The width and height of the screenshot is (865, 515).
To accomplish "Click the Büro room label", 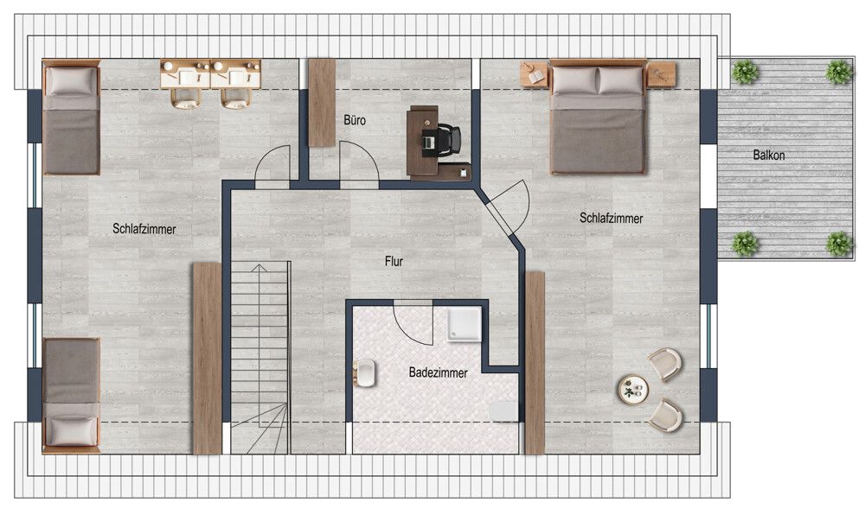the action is pyautogui.click(x=354, y=119).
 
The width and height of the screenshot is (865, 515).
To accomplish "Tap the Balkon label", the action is pyautogui.click(x=768, y=155).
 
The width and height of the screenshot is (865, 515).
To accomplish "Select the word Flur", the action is pyautogui.click(x=394, y=261).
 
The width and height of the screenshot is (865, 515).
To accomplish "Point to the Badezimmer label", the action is pyautogui.click(x=438, y=372).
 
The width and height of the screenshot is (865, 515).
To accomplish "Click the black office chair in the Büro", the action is pyautogui.click(x=448, y=139).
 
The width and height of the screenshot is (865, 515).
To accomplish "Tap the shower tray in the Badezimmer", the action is pyautogui.click(x=464, y=324).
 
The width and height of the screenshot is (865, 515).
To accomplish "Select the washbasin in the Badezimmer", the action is pyautogui.click(x=365, y=373).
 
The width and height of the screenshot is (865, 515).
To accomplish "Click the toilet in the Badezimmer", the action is pyautogui.click(x=503, y=411).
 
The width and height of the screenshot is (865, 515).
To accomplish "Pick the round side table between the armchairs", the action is pyautogui.click(x=633, y=390).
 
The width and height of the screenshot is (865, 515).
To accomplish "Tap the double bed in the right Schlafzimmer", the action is pyautogui.click(x=598, y=117).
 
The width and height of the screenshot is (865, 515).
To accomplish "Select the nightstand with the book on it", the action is pyautogui.click(x=534, y=74).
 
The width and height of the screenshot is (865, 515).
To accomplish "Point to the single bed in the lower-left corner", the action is pyautogui.click(x=71, y=395).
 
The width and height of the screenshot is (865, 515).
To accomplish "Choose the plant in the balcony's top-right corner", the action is pyautogui.click(x=838, y=72).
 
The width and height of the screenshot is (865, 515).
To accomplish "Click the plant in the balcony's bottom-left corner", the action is pyautogui.click(x=745, y=244).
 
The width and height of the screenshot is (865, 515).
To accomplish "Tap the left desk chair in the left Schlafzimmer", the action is pyautogui.click(x=185, y=98).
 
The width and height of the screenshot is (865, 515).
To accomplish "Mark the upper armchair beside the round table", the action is pyautogui.click(x=665, y=364).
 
